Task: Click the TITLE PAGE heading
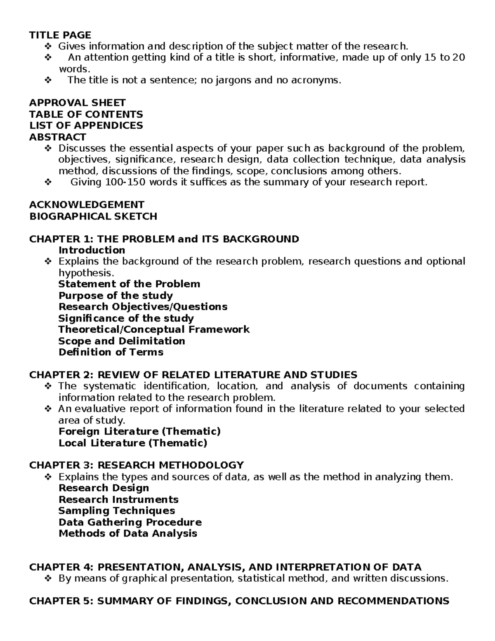[60, 35]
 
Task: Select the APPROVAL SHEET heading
[77, 103]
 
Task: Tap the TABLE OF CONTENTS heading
[86, 114]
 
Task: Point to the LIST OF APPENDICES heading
[86, 125]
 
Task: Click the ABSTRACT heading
[57, 137]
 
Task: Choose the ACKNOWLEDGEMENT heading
[87, 205]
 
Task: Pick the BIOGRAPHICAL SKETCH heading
[93, 216]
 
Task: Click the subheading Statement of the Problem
[129, 284]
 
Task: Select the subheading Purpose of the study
[115, 296]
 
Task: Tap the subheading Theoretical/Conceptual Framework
[154, 329]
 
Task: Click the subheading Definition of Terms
[111, 352]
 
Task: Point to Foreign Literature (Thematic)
[139, 431]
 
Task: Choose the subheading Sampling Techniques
[117, 511]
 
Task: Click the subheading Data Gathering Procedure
[130, 522]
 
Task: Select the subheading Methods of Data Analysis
[128, 533]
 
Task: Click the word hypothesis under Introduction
[85, 273]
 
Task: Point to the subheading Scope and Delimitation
[122, 341]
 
